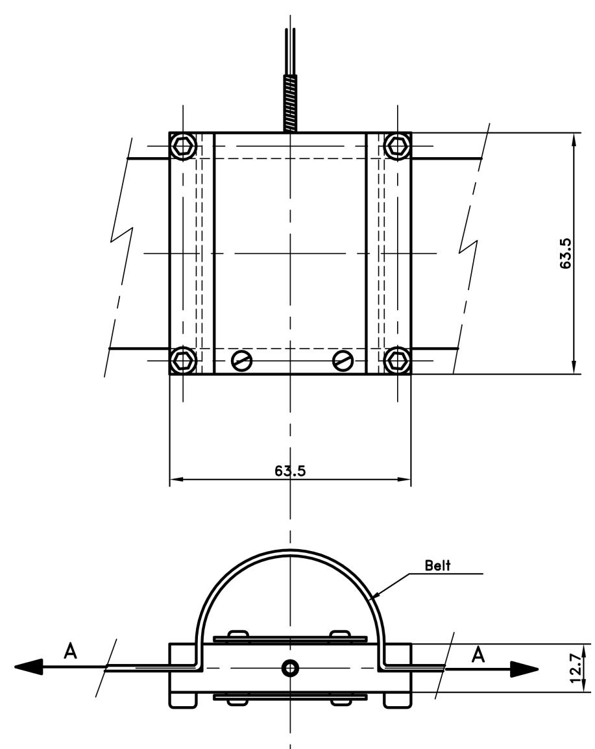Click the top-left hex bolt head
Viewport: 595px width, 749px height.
point(184,145)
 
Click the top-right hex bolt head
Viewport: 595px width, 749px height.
point(398,145)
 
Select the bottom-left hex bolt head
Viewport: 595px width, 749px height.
point(184,360)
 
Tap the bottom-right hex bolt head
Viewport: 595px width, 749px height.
point(398,360)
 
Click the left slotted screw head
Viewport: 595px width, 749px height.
point(242,360)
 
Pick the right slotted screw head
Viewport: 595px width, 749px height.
point(343,360)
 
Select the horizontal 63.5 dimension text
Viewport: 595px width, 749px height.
point(290,471)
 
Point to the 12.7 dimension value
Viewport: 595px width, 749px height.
point(576,669)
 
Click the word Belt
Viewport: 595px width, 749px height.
point(437,565)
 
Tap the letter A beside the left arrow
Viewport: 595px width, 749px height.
point(70,651)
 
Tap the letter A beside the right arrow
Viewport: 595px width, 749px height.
point(478,655)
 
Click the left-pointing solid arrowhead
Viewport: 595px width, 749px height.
point(29,667)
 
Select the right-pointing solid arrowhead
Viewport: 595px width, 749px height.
point(524,669)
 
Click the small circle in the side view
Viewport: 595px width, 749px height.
point(289,668)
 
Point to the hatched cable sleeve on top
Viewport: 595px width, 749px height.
point(290,104)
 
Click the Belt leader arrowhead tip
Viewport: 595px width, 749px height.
point(372,598)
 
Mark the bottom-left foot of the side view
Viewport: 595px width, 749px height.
point(183,700)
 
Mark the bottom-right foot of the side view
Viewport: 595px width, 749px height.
point(397,700)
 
